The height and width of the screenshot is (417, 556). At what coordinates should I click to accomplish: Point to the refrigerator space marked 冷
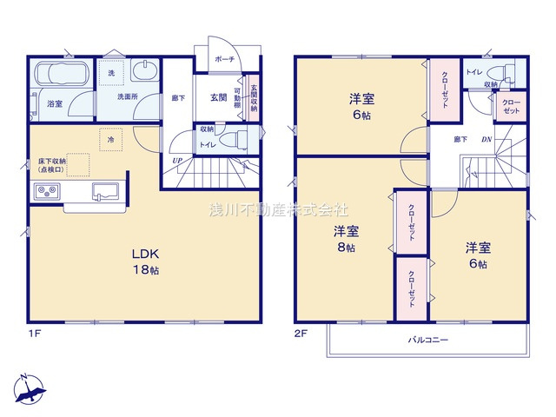(x=111, y=139)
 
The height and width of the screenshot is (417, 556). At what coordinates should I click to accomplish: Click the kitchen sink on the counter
(x=109, y=193)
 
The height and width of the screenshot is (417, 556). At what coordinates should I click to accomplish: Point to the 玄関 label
(x=218, y=97)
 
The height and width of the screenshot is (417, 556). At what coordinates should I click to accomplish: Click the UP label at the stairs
(x=177, y=161)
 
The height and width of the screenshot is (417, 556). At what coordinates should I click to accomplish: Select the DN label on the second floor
(x=486, y=139)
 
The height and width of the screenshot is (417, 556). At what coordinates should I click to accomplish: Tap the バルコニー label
(x=427, y=341)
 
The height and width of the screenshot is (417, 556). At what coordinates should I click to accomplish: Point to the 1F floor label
(x=34, y=333)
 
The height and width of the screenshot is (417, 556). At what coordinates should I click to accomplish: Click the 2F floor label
(x=301, y=333)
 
